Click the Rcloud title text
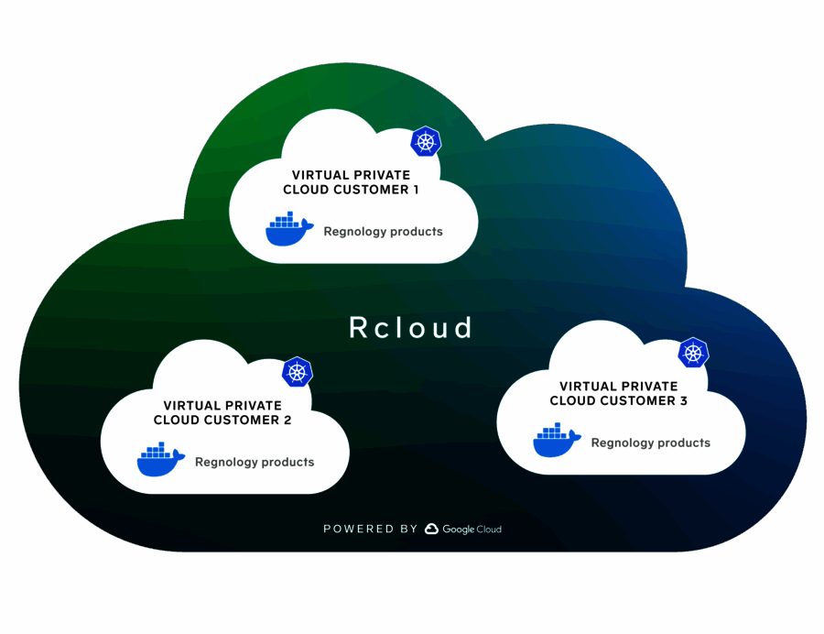pos(411,327)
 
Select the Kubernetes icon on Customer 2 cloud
pos(297,372)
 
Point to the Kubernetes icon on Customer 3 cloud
pos(693,353)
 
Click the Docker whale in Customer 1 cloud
pos(288,230)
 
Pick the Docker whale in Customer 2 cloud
pos(160,460)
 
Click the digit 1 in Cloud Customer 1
pos(415,190)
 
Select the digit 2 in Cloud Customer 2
pos(287,420)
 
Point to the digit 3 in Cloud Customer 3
pos(683,400)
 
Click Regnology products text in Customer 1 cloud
pos(383,232)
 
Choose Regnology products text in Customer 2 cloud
pos(255,463)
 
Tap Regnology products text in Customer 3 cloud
pos(650,443)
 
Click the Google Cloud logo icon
pos(431,529)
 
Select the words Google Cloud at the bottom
pos(472,530)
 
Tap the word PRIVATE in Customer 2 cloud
pos(252,405)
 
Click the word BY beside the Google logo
pos(409,530)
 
